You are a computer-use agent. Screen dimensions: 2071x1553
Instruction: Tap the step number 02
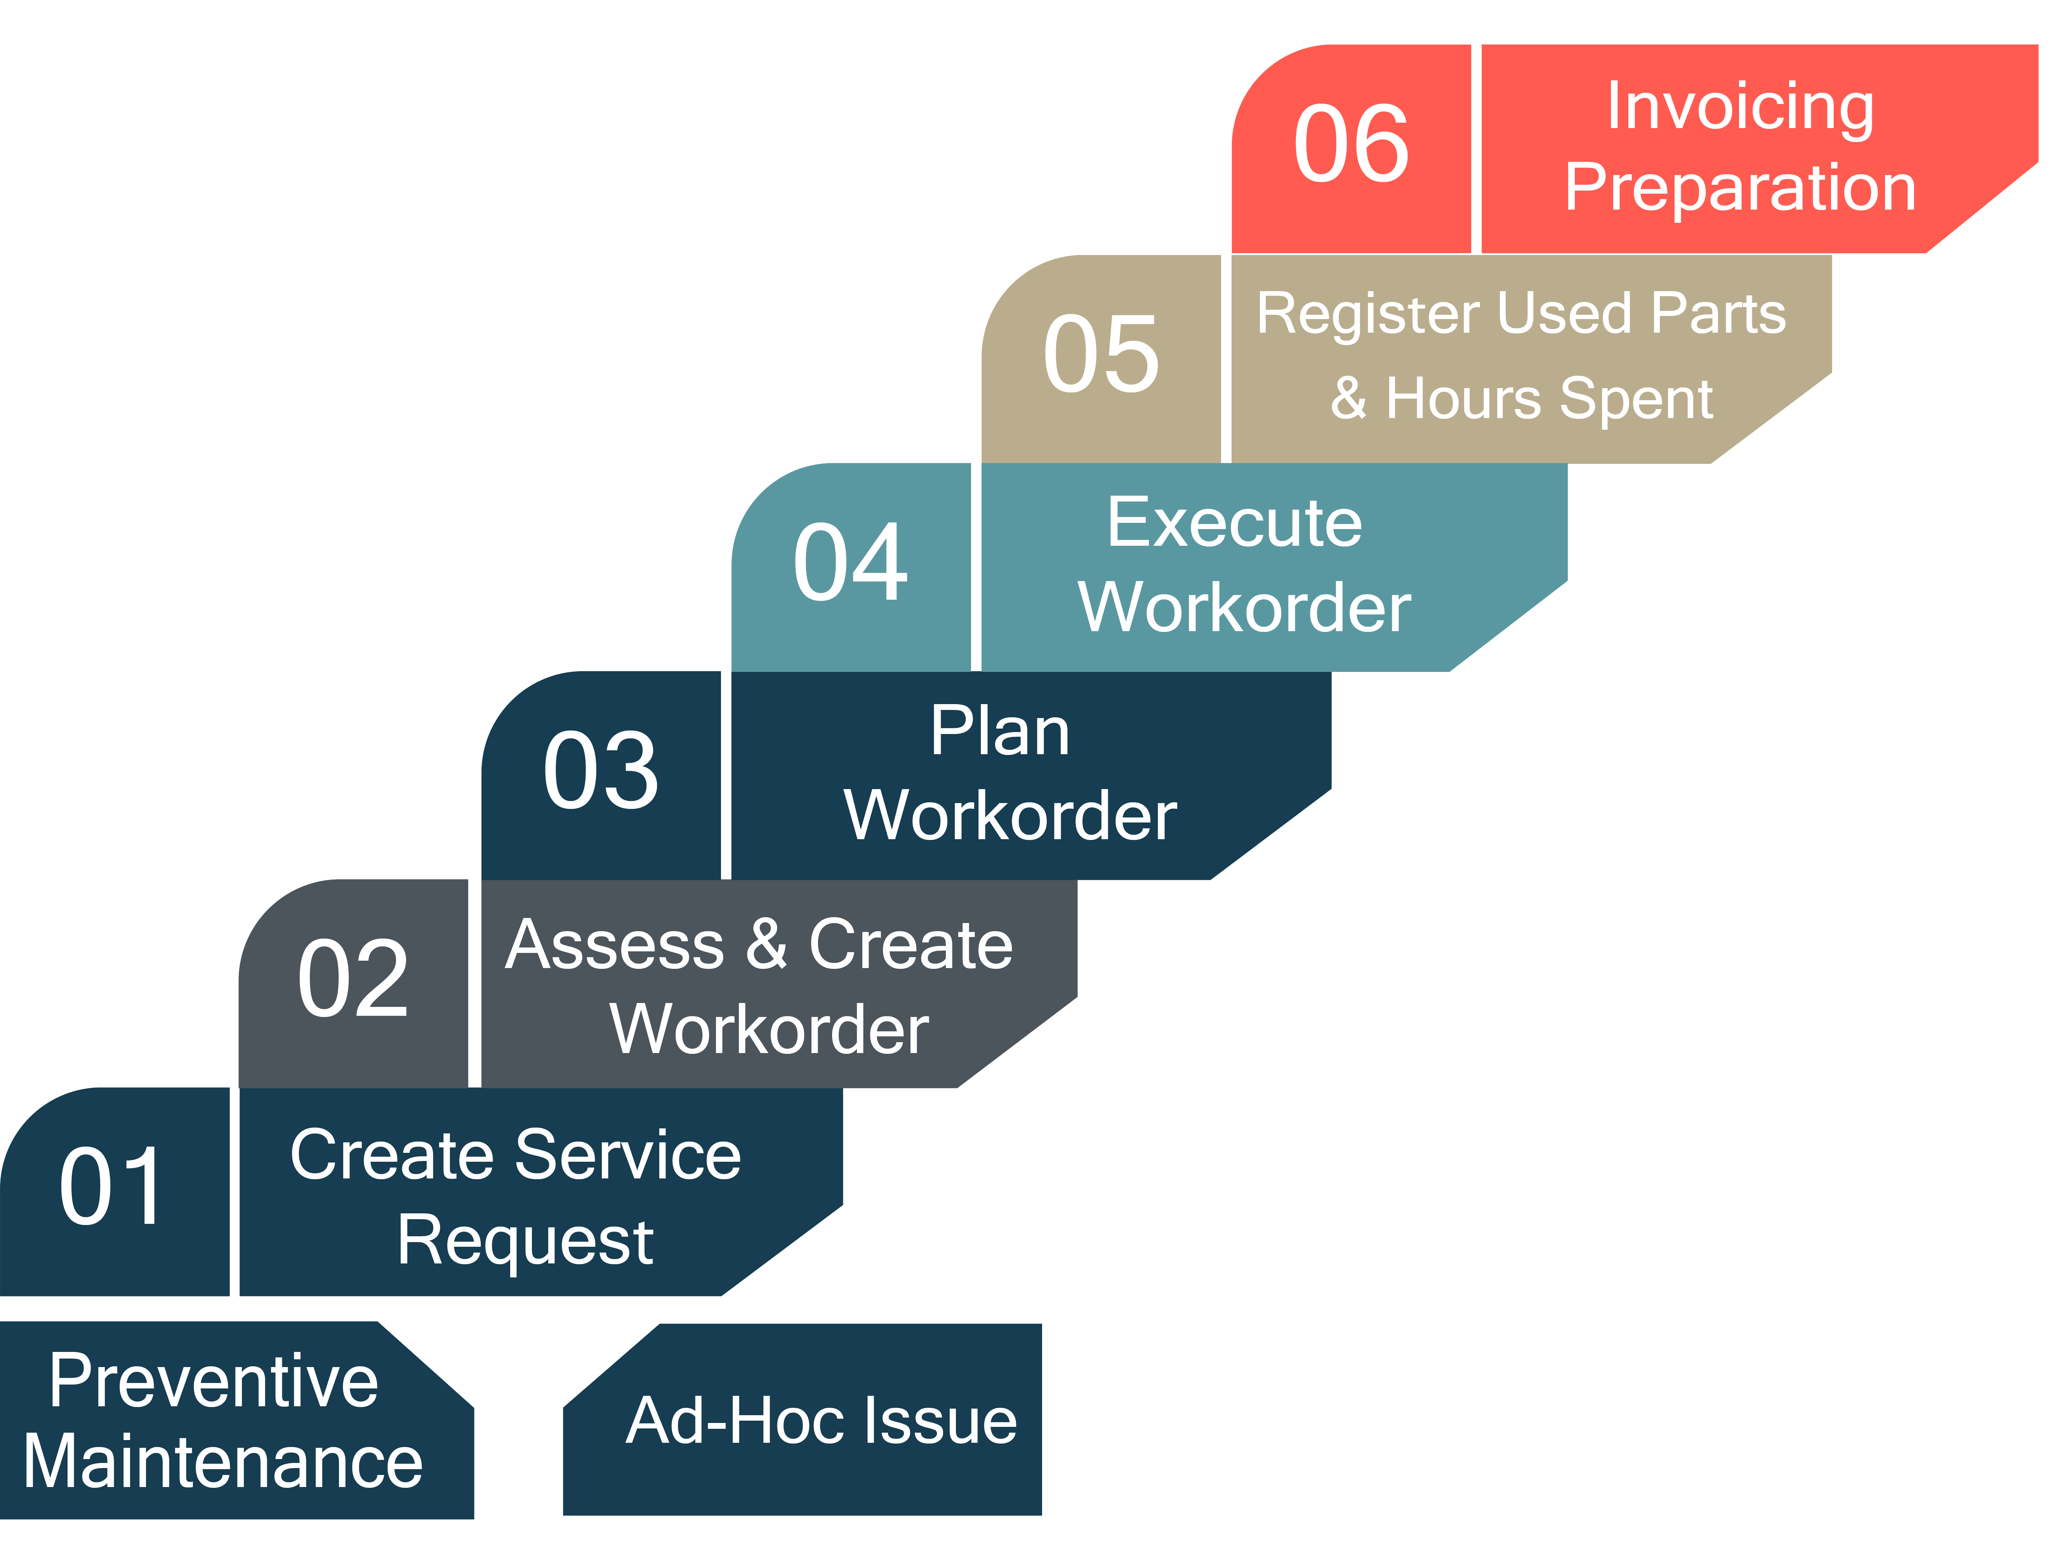[x=353, y=978]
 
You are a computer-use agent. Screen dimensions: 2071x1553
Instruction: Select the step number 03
[x=601, y=770]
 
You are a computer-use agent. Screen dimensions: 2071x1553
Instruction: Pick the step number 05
[x=1101, y=354]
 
